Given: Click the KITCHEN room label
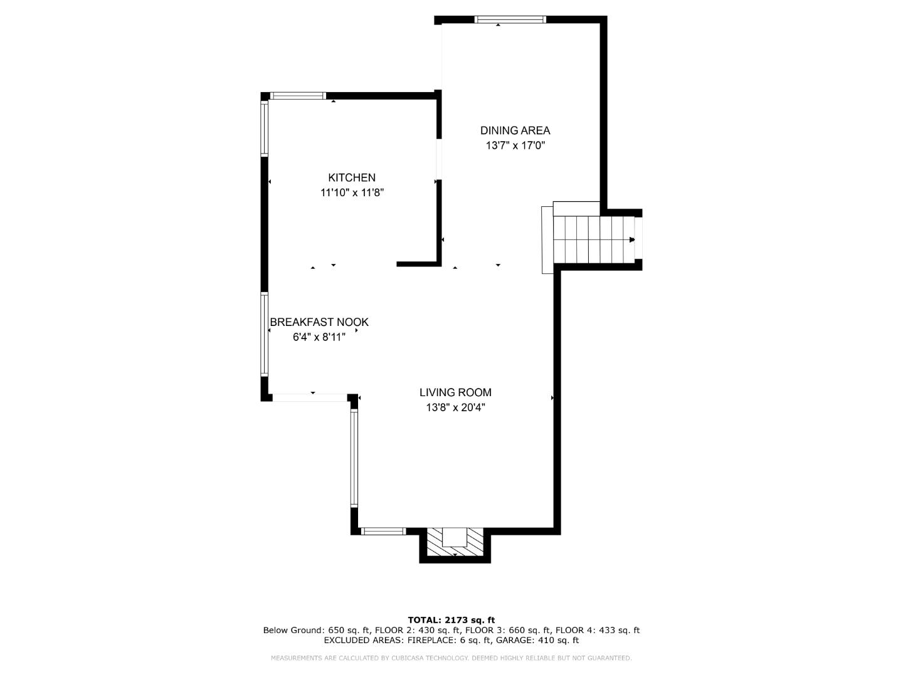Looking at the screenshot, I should point(352,178).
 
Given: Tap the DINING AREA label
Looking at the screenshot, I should point(515,130).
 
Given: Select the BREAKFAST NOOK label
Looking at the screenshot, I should point(319,322).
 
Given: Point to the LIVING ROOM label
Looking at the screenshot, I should point(455,392).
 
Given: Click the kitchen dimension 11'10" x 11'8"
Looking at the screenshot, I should point(352,193).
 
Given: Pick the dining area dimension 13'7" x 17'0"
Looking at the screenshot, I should point(515,145).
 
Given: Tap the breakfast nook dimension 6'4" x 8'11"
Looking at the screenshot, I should point(319,337).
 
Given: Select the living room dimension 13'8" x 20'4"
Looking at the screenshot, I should point(455,407).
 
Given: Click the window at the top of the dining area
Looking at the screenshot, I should point(510,19).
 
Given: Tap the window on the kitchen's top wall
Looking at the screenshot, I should point(298,96).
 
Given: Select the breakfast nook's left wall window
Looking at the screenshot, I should point(265,334).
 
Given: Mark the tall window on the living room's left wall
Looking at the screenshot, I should point(354,458).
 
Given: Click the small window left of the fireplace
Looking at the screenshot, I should point(384,531).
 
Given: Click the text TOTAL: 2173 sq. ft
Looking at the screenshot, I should point(451,621).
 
